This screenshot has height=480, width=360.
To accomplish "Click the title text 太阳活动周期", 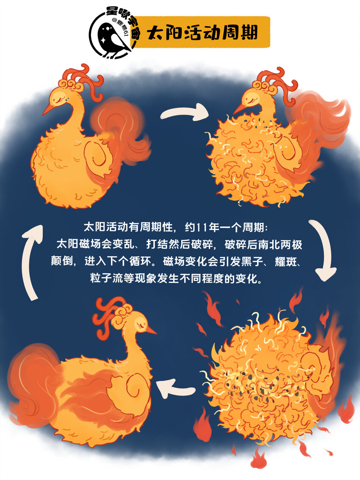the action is [x=202, y=32].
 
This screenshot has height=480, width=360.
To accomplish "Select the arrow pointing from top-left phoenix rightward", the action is [x=185, y=112].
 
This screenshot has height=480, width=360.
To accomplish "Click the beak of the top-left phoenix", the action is [x=49, y=108].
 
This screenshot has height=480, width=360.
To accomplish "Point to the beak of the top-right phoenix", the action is [x=240, y=109].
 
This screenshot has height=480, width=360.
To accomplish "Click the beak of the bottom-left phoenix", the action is [x=151, y=330].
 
